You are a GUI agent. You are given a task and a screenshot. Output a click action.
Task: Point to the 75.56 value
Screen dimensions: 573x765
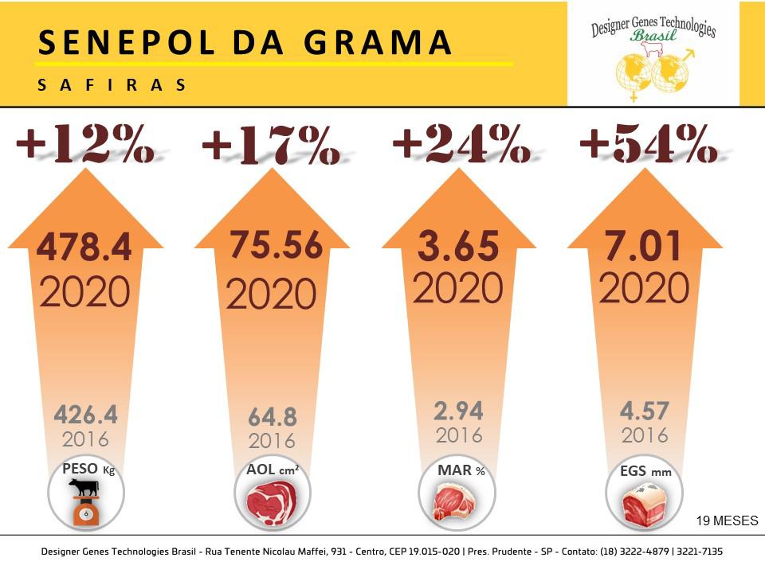click(x=276, y=245)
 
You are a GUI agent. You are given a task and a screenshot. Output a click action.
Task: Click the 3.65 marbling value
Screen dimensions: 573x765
click(x=458, y=247)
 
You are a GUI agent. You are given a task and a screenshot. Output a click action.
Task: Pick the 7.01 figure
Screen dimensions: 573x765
click(x=644, y=247)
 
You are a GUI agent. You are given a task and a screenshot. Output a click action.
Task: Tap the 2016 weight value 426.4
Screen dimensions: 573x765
click(x=85, y=415)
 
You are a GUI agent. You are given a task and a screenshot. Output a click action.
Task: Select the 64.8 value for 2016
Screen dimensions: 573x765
click(x=271, y=416)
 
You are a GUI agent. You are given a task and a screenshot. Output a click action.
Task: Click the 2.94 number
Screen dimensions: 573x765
click(x=458, y=411)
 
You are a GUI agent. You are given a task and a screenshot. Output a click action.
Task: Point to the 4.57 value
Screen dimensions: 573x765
click(x=644, y=411)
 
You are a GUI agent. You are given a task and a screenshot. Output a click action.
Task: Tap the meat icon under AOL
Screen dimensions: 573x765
click(x=271, y=503)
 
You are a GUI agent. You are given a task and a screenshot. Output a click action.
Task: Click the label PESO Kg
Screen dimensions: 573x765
click(x=88, y=469)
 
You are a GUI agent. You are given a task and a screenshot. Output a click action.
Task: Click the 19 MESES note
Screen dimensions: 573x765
click(x=726, y=520)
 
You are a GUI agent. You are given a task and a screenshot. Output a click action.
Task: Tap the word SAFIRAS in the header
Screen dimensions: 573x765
click(x=112, y=85)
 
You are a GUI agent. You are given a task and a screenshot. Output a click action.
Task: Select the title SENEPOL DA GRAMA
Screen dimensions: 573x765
click(x=245, y=44)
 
